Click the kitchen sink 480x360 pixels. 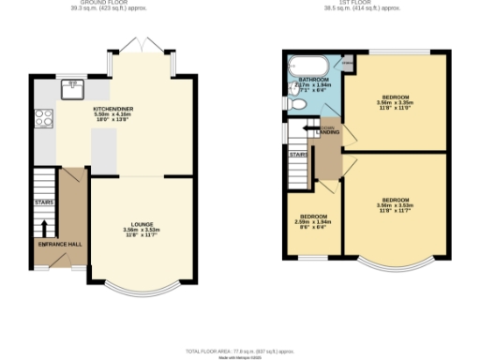(71, 90)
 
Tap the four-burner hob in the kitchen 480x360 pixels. (43, 119)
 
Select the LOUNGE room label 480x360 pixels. (142, 224)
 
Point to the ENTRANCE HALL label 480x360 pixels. (56, 244)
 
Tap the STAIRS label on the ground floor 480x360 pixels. (43, 202)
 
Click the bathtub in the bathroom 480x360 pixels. (307, 67)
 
